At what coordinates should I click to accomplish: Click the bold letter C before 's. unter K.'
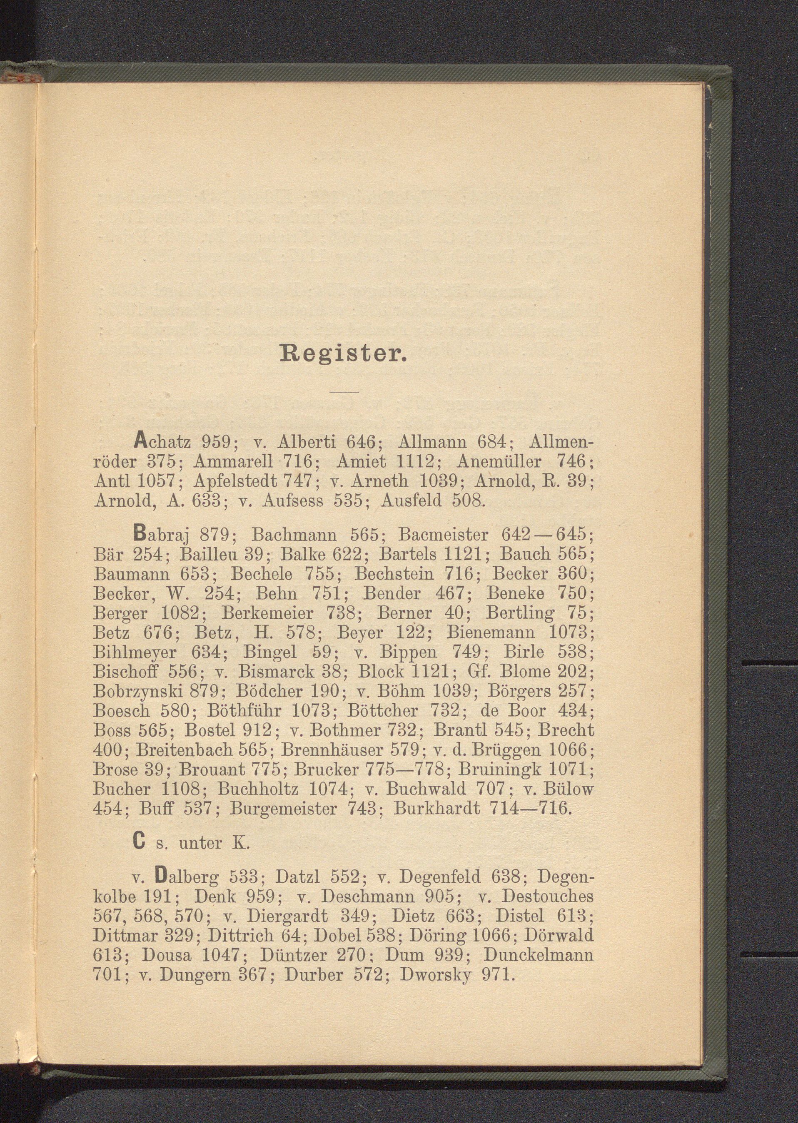coord(139,844)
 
